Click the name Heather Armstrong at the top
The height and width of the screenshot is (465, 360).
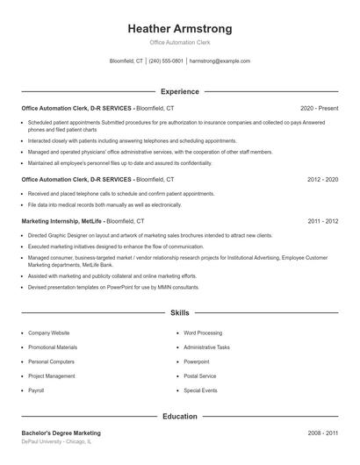pos(179,28)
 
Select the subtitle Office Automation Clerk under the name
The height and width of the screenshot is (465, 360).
pos(179,42)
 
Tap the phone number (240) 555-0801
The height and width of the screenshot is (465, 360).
pos(166,61)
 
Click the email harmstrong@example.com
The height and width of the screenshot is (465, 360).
pos(220,61)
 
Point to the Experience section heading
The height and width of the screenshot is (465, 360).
pos(179,91)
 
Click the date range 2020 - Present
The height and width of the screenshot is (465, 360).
pos(319,107)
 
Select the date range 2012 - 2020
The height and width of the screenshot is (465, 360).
pos(323,179)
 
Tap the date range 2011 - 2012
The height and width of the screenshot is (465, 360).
pos(323,221)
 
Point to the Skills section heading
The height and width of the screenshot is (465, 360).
pos(179,312)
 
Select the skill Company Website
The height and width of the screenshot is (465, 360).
pos(48,333)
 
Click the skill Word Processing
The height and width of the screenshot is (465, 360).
pos(203,333)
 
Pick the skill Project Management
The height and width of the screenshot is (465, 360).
pos(52,376)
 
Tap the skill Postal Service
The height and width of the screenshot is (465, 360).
pos(200,376)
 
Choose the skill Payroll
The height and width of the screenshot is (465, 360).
pos(36,390)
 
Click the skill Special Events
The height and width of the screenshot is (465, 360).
pos(200,390)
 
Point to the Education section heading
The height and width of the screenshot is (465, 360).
pos(179,417)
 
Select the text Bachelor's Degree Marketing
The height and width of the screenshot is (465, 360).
pos(61,433)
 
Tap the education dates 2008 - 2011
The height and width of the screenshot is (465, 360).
pos(323,433)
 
